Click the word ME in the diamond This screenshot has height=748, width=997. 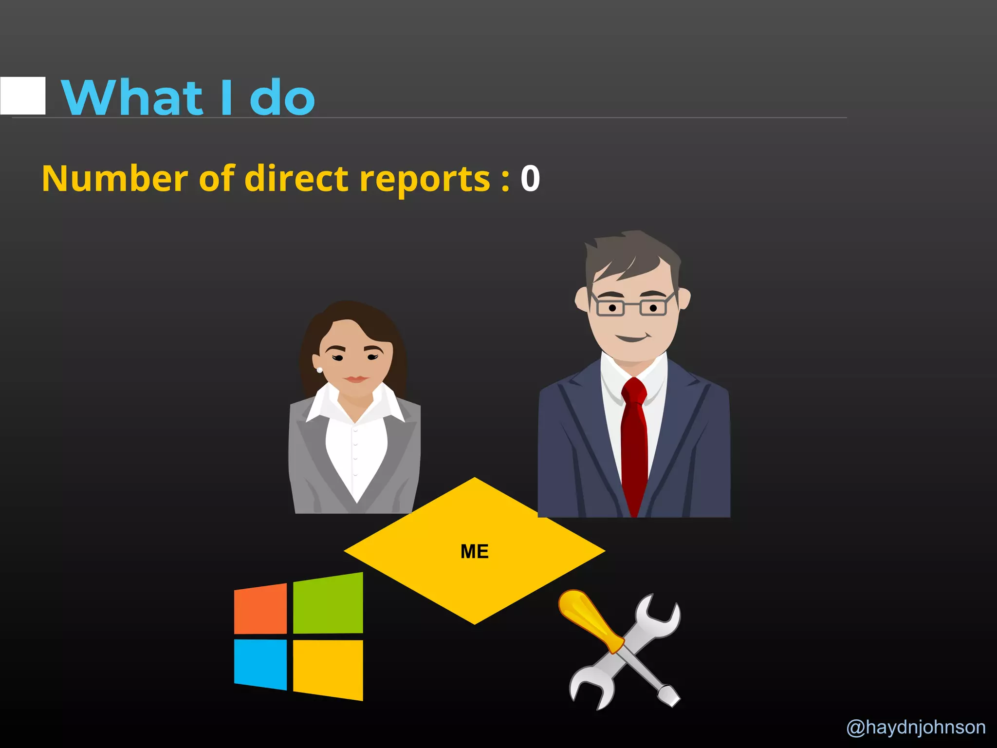(x=474, y=551)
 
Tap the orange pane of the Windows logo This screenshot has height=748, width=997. (x=260, y=609)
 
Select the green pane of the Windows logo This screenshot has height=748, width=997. (x=328, y=604)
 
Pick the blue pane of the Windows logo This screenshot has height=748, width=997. (x=260, y=663)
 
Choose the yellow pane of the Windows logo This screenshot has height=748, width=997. (x=328, y=669)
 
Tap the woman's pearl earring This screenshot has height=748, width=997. (x=319, y=370)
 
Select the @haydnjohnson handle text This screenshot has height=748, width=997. (x=916, y=727)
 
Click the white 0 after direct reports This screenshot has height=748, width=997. (x=530, y=179)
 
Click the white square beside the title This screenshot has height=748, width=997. (x=23, y=96)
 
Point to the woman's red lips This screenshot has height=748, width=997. (x=355, y=379)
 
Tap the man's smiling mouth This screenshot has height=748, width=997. (x=631, y=337)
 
